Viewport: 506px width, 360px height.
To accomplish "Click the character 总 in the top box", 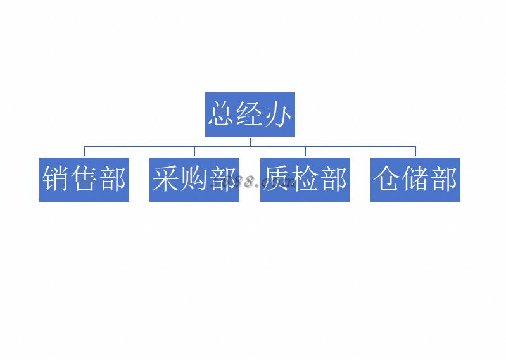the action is click(x=221, y=115).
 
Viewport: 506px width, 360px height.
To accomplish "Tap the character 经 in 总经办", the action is click(x=250, y=115).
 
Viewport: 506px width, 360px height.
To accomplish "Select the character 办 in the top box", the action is click(x=278, y=115).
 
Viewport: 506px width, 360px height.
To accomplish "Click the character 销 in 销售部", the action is click(x=56, y=180).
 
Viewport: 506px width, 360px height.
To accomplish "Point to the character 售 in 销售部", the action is click(x=84, y=180).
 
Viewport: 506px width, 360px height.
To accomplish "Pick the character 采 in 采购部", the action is click(x=166, y=180).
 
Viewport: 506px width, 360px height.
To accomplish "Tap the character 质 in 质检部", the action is click(x=277, y=180).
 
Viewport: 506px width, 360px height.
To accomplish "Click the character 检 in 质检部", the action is click(x=305, y=180).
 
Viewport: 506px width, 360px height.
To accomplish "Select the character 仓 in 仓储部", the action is click(x=386, y=180).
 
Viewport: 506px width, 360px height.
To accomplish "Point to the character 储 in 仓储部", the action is click(x=415, y=180).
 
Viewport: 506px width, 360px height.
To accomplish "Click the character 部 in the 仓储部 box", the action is click(x=443, y=180).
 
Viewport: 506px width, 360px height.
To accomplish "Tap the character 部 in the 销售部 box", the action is click(x=113, y=180).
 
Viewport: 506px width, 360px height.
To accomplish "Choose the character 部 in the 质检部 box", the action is click(x=333, y=180).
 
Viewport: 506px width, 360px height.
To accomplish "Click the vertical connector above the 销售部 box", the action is click(x=84, y=152).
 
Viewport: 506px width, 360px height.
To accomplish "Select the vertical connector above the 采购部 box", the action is click(x=194, y=152).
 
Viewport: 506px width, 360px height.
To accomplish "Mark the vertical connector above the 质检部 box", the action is click(x=305, y=152).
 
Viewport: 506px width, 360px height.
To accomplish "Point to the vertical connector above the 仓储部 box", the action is click(x=415, y=152).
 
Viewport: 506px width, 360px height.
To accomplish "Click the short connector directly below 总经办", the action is click(x=250, y=141).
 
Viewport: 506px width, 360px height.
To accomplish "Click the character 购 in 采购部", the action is click(x=194, y=180).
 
